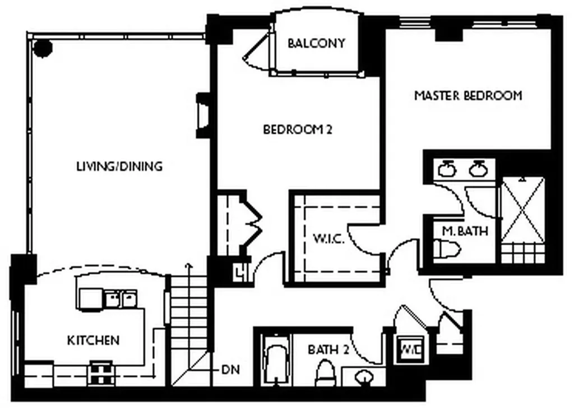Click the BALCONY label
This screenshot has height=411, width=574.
point(316,43)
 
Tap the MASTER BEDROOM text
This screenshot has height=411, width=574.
point(468,96)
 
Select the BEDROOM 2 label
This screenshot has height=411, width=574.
point(298,129)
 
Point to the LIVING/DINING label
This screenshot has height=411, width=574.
point(119,166)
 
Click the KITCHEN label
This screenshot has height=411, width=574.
point(94,340)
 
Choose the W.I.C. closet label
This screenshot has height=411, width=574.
point(328,239)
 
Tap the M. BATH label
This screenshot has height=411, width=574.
point(465,231)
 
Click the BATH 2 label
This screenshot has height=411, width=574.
point(328,350)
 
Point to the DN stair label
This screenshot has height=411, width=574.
point(231,370)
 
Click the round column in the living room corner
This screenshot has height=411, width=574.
point(44,48)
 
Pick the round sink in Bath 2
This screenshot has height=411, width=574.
point(363,376)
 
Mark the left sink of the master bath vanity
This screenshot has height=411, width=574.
point(447,169)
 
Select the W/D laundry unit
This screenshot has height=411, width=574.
point(410,349)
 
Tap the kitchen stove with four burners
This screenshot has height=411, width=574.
point(100,372)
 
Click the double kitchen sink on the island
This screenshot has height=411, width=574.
point(121,299)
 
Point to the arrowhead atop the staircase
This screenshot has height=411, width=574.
point(188,265)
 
